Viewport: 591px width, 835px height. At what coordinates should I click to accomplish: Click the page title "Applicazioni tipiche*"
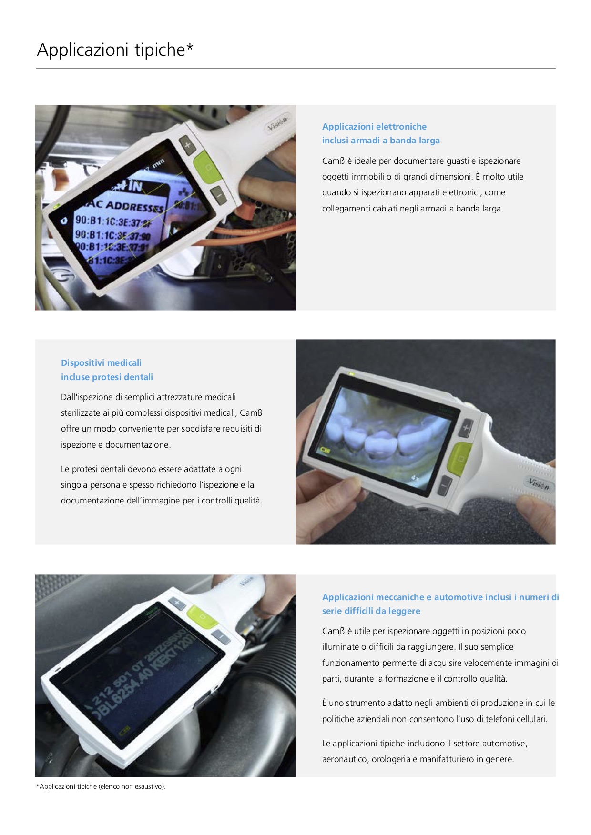click(x=115, y=50)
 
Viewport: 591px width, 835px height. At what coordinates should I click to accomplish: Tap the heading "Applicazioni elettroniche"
click(x=374, y=127)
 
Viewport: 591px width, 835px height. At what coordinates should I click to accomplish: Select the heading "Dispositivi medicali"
click(x=101, y=363)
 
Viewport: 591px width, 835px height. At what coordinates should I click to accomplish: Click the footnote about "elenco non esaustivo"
click(x=101, y=786)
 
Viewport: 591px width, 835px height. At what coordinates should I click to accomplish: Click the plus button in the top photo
click(x=187, y=144)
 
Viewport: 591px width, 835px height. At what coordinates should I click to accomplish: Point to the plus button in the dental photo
click(x=466, y=428)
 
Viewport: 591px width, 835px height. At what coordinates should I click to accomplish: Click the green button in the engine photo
click(x=202, y=617)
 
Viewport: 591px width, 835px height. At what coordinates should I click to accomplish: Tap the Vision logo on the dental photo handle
click(x=539, y=484)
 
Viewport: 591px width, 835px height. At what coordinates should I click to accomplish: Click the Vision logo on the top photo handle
click(x=277, y=123)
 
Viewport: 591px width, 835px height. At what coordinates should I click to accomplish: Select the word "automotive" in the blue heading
click(x=458, y=597)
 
